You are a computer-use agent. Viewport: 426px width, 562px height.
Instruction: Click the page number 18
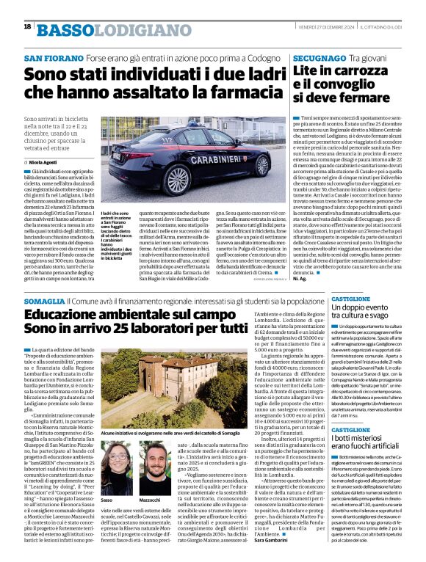27,26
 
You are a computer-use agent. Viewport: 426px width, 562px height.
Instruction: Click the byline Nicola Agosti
45,161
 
